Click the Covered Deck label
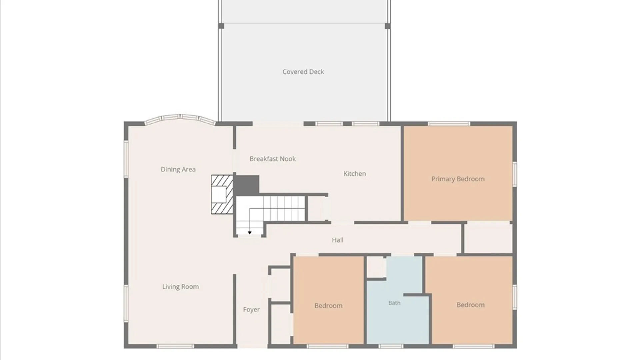pyautogui.click(x=303, y=72)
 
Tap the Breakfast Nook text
pyautogui.click(x=273, y=159)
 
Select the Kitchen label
pyautogui.click(x=355, y=174)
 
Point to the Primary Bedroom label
pyautogui.click(x=458, y=179)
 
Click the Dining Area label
pyautogui.click(x=178, y=169)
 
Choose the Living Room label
pyautogui.click(x=180, y=287)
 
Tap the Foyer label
pyautogui.click(x=251, y=310)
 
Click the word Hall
pyautogui.click(x=338, y=240)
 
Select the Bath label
pyautogui.click(x=394, y=303)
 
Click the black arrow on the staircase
pyautogui.click(x=250, y=233)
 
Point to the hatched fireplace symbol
pyautogui.click(x=222, y=195)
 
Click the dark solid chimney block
pyautogui.click(x=247, y=185)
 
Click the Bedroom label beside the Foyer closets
pyautogui.click(x=328, y=306)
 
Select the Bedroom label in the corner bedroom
pyautogui.click(x=470, y=305)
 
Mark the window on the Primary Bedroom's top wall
pyautogui.click(x=449, y=124)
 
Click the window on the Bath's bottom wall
pyautogui.click(x=391, y=347)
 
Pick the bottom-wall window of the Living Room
pyautogui.click(x=175, y=347)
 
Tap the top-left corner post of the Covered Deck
pyautogui.click(x=221, y=26)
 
